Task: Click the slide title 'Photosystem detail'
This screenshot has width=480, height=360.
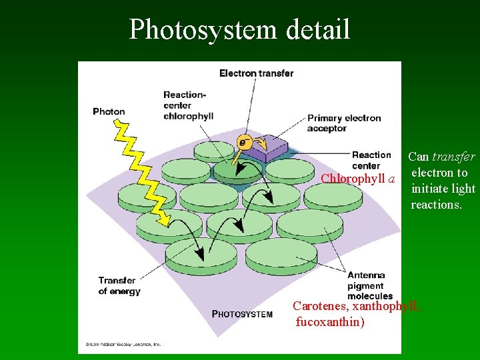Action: pos(239,29)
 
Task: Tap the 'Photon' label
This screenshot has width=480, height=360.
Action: pos(109,111)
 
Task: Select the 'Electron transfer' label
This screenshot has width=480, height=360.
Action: pos(257,73)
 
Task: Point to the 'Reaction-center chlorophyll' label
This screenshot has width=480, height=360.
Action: pos(188,105)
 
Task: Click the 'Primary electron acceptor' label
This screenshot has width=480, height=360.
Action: pos(344,123)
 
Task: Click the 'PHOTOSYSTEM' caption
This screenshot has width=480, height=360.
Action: pos(242,314)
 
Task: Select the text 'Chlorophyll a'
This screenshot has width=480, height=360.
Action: pos(357,179)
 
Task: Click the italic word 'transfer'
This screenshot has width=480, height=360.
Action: pos(453,157)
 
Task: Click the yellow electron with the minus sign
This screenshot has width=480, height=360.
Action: pos(245,141)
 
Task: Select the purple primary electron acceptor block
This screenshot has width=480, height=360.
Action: pos(269,146)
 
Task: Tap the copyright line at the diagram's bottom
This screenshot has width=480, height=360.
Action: pos(123,345)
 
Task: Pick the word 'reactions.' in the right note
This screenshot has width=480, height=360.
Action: pos(436,205)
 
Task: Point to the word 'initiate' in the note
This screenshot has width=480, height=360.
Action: pos(430,189)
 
